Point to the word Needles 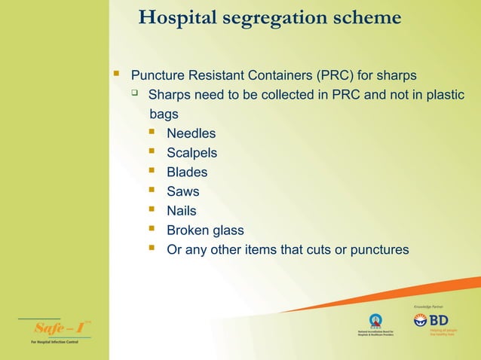click(191, 133)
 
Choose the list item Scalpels click(191, 153)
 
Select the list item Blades click(187, 172)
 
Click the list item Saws click(182, 191)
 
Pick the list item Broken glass click(205, 230)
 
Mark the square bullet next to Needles click(152, 133)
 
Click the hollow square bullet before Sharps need click(134, 94)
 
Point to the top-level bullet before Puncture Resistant click(116, 75)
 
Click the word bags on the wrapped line click(164, 114)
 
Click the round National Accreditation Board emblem click(375, 319)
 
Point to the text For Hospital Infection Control click(54, 343)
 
